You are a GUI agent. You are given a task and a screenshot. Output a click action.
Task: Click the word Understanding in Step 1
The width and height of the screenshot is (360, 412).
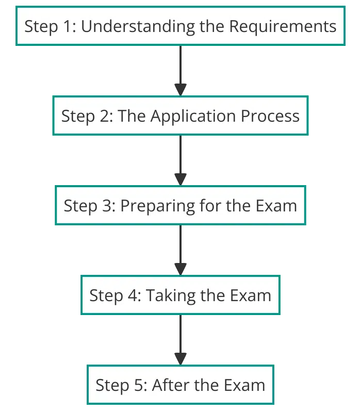[138, 27]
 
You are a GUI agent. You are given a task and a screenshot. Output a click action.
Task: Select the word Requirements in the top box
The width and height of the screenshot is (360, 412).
[283, 27]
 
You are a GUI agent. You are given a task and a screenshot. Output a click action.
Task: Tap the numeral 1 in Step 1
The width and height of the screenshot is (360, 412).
[68, 26]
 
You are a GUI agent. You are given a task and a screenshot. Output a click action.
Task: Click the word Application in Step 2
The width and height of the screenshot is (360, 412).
[193, 117]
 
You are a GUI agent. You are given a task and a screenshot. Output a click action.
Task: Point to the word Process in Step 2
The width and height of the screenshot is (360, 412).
[270, 116]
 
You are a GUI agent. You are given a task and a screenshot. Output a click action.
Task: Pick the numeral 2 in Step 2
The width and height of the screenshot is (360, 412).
[104, 116]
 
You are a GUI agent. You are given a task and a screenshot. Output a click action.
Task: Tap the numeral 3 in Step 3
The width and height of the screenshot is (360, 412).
[107, 206]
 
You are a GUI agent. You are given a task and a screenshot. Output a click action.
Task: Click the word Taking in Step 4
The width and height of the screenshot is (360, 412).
[171, 296]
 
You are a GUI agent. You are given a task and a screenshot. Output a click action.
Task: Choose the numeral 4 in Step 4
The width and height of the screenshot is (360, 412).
[133, 295]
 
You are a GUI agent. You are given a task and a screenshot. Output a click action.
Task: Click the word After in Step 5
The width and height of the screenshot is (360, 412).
[171, 385]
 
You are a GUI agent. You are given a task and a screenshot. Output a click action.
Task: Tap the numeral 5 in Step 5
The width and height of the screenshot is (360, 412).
[139, 386]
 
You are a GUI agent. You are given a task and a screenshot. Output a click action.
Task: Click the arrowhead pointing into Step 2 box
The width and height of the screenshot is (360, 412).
[181, 90]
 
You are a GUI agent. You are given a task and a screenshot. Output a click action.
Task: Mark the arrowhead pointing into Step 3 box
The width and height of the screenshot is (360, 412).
[181, 179]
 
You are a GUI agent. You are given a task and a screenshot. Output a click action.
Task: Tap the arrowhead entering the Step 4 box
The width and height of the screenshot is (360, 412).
[181, 269]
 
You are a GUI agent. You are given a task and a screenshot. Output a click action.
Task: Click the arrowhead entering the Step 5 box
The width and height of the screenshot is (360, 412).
[181, 359]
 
